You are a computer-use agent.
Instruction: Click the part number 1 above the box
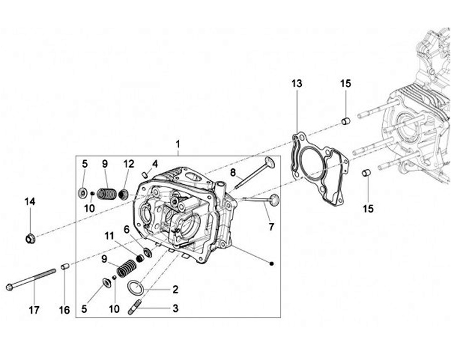pyautogui.click(x=178, y=144)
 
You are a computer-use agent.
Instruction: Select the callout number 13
pyautogui.click(x=296, y=83)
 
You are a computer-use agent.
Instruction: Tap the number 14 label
pyautogui.click(x=30, y=201)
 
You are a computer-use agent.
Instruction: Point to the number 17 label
pyautogui.click(x=34, y=310)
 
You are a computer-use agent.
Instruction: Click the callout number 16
pyautogui.click(x=64, y=310)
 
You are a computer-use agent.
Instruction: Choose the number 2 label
pyautogui.click(x=175, y=289)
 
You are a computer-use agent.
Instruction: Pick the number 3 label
pyautogui.click(x=175, y=309)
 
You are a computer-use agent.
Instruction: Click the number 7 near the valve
pyautogui.click(x=271, y=227)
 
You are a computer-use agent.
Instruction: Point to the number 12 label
pyautogui.click(x=128, y=164)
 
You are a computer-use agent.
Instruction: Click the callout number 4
pyautogui.click(x=155, y=164)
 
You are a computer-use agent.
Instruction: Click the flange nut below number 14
pyautogui.click(x=30, y=238)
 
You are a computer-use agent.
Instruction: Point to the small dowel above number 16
pyautogui.click(x=64, y=267)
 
